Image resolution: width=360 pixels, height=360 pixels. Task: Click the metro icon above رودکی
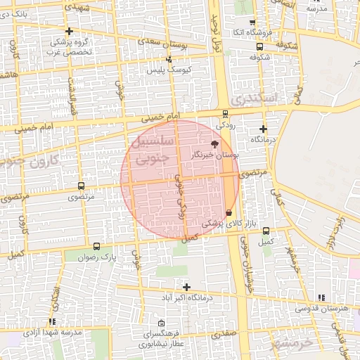(225, 113)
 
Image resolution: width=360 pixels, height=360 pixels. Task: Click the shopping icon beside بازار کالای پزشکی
(229, 212)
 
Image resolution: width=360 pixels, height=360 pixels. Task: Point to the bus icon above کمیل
(266, 231)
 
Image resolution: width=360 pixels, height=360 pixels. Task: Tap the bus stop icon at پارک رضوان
(97, 247)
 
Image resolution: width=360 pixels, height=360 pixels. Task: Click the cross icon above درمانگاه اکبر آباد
(186, 287)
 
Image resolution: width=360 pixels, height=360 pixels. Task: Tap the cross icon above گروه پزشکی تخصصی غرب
(69, 32)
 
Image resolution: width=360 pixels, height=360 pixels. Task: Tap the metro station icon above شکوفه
(261, 46)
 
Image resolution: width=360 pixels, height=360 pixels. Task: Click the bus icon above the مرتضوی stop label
(82, 186)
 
